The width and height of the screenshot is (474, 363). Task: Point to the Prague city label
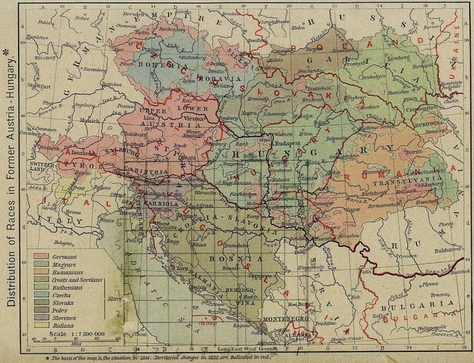point(146,49)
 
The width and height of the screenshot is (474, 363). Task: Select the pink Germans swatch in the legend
point(41,256)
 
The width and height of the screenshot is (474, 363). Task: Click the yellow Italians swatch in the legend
point(41,323)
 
